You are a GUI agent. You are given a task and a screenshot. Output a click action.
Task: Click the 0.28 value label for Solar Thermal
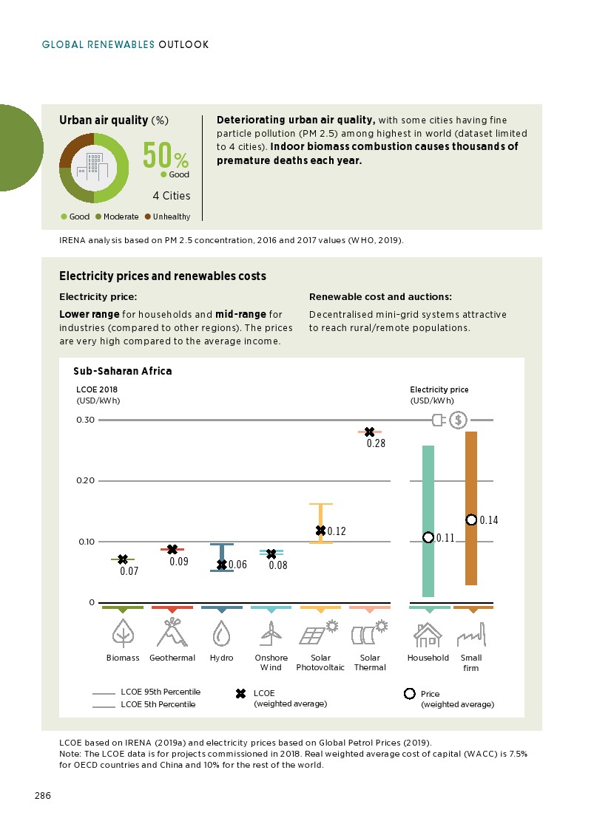tap(376, 443)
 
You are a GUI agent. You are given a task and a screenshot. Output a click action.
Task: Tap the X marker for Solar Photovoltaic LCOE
tap(320, 530)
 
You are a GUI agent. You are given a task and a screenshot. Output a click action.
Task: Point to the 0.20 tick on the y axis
tap(86, 480)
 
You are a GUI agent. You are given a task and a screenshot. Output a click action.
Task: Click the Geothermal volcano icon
tap(172, 633)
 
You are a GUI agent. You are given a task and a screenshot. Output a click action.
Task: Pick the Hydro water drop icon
tap(221, 633)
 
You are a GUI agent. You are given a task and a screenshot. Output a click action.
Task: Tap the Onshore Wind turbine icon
tap(271, 633)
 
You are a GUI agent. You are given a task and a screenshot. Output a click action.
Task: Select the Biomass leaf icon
tap(123, 633)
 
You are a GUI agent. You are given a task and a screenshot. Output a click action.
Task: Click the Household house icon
tap(428, 633)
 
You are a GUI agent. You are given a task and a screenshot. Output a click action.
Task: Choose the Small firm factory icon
tap(470, 635)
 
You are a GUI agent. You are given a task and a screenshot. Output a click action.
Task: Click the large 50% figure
tap(166, 155)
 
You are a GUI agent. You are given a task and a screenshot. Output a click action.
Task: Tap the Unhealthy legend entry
tap(167, 217)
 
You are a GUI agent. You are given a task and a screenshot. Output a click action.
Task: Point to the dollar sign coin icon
tap(459, 420)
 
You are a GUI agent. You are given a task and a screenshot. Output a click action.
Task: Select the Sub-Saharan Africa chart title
tap(122, 371)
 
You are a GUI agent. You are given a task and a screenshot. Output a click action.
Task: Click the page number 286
tap(42, 796)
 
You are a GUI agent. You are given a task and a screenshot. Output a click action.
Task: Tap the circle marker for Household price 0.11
tap(428, 537)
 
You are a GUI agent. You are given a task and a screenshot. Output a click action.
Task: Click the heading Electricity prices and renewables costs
tap(162, 276)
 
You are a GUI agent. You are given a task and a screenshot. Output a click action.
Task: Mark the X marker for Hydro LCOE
tap(221, 565)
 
